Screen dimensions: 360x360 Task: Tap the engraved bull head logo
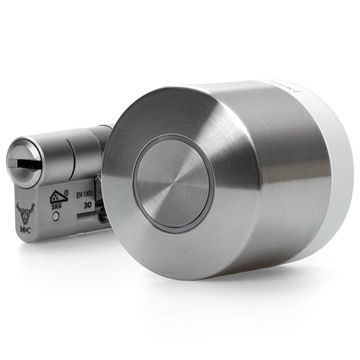pos(25,211)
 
